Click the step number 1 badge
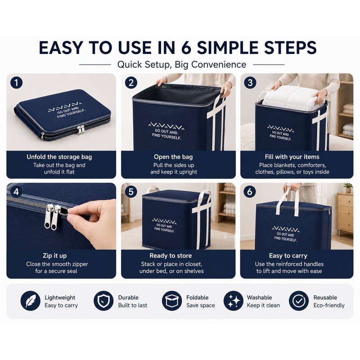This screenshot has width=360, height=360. [x=16, y=83]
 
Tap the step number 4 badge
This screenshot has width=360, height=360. [x=16, y=192]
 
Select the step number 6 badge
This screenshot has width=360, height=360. [x=250, y=192]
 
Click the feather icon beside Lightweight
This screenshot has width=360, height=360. [x=31, y=301]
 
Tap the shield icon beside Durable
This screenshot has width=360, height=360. [x=103, y=301]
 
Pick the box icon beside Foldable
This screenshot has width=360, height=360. [x=172, y=301]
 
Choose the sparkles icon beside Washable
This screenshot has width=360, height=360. [x=234, y=301]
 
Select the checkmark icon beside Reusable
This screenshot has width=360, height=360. [x=299, y=301]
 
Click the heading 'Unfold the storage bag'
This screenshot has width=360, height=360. [x=59, y=157]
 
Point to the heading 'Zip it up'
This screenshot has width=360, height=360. [x=54, y=256]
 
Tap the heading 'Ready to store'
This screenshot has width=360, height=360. [x=171, y=256]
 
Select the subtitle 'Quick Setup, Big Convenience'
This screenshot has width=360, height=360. [x=182, y=64]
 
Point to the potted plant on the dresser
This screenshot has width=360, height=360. [x=348, y=188]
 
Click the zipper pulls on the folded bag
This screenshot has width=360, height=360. [x=81, y=130]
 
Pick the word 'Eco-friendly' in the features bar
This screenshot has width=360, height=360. [x=329, y=306]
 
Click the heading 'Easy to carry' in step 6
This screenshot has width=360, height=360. [x=288, y=256]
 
